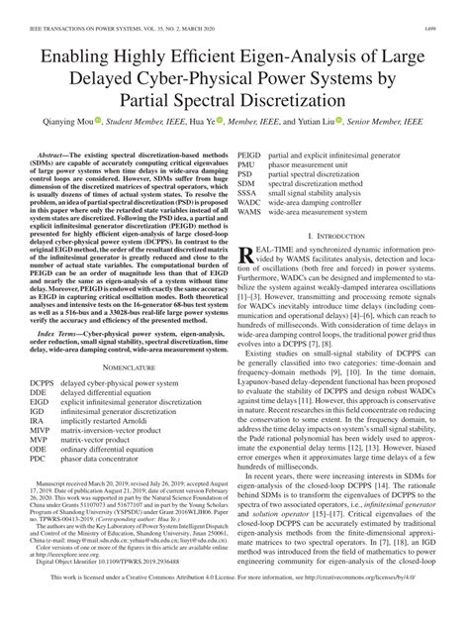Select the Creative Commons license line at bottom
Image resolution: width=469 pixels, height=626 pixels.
234,604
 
